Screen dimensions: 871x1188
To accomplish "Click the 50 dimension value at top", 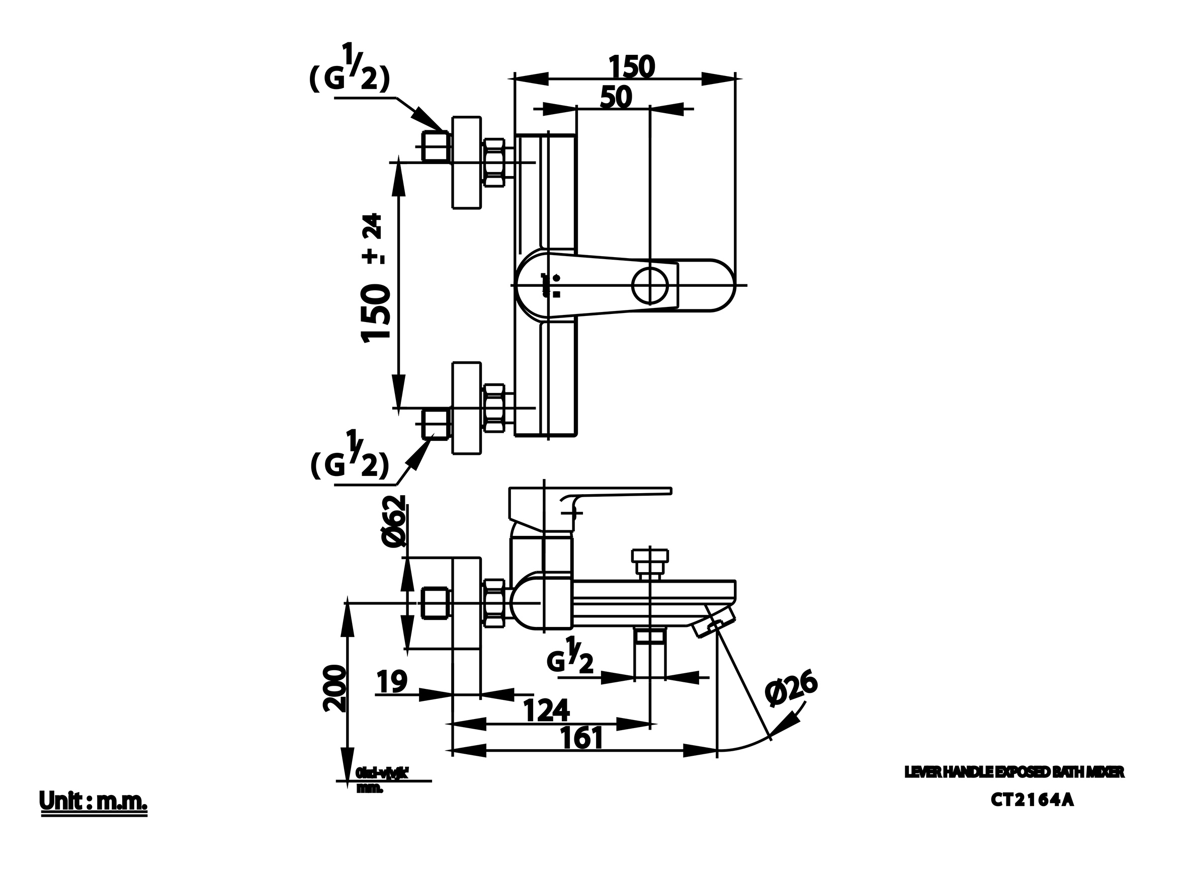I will (x=616, y=98).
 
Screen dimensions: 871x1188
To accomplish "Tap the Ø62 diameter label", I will (x=394, y=521).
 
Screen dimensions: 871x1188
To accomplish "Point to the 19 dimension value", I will (x=393, y=681).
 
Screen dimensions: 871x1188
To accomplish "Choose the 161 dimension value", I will (x=581, y=738).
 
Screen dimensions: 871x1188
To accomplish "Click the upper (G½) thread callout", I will (x=350, y=69).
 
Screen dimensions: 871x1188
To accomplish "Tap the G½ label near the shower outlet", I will (x=570, y=657).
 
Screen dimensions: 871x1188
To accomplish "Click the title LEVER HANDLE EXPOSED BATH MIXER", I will (x=1014, y=772).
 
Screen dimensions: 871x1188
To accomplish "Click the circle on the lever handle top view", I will (x=650, y=285).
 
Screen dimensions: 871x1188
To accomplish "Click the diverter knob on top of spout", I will (x=650, y=563).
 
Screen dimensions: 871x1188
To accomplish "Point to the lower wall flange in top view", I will (x=467, y=408).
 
